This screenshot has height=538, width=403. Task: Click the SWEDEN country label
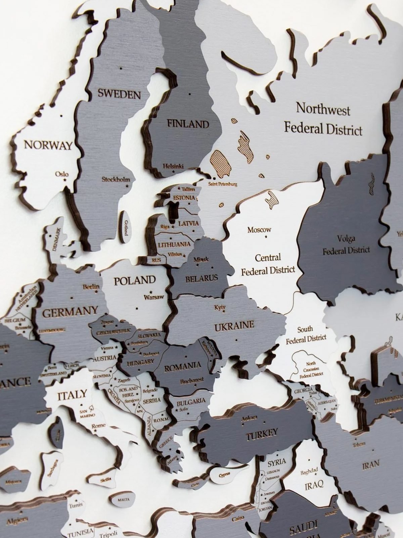click(x=119, y=93)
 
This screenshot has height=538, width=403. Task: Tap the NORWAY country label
click(x=48, y=145)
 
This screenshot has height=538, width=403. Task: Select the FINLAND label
click(x=188, y=123)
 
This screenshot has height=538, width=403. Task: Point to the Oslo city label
click(x=62, y=174)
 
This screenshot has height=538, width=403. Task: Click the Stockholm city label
click(x=116, y=179)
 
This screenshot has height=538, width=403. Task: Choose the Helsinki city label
click(x=173, y=166)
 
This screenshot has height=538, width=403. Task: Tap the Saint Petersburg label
click(x=223, y=184)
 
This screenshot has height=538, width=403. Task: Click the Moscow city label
click(x=259, y=230)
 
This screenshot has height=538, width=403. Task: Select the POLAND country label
click(x=135, y=280)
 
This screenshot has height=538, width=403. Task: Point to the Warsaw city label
click(x=154, y=297)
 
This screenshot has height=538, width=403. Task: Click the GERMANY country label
click(x=70, y=312)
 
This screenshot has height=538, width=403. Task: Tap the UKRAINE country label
click(x=234, y=325)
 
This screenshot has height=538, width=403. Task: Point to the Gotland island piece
click(x=126, y=227)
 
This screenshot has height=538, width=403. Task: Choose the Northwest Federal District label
click(x=323, y=119)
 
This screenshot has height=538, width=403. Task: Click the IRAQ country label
click(x=314, y=485)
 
